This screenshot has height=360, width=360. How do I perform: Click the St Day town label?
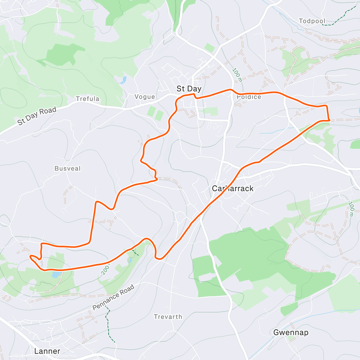coord(189,89)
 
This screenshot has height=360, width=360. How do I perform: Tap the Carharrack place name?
coord(232,188)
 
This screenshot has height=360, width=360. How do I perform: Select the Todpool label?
coord(312,21)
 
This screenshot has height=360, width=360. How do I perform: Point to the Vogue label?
coord(145,97)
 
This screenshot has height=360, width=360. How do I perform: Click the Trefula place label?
coord(87,99)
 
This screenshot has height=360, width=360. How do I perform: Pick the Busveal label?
coord(67,168)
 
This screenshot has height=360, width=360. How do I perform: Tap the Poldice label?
coord(249,97)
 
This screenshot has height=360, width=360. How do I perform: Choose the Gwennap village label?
coord(290,332)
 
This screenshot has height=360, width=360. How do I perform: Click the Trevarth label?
coord(168,317)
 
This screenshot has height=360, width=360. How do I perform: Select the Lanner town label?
coord(47,351)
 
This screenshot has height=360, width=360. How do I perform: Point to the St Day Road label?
coord(37,115)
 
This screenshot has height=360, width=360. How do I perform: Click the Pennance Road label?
coord(113,298)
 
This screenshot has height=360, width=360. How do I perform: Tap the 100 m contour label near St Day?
coord(237,75)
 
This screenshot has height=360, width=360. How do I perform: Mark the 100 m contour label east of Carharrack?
coord(351,209)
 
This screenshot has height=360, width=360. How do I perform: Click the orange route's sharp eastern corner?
coord(329,120)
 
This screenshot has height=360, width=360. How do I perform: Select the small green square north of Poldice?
coord(210,48)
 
